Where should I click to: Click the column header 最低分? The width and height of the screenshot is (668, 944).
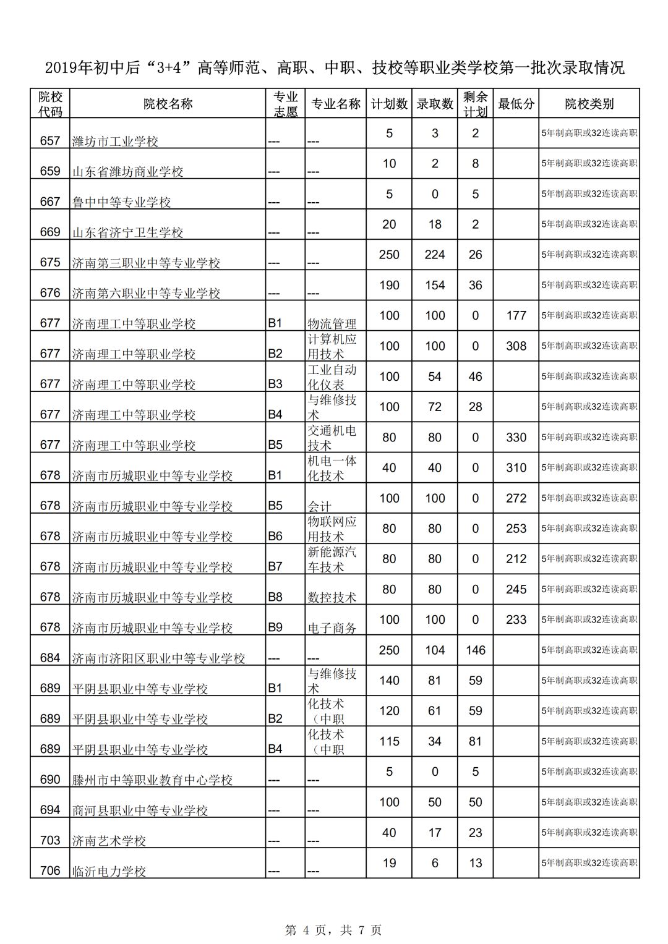coord(516,104)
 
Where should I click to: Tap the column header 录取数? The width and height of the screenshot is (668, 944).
coord(435,104)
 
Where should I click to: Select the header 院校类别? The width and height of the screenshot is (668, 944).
coord(589,104)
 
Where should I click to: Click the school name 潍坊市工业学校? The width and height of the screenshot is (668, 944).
coord(115,142)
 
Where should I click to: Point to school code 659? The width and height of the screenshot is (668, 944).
coord(50,171)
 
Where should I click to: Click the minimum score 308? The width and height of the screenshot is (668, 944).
coord(516,346)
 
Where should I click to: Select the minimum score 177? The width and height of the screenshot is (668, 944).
coord(516,316)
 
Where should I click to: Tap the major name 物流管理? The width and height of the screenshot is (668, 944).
coord(332,324)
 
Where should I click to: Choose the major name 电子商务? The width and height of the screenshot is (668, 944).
coord(332,628)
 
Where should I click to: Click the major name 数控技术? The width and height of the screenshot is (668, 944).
coord(332,598)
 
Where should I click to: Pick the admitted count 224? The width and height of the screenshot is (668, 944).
coord(435,255)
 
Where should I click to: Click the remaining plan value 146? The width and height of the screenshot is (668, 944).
coord(475,650)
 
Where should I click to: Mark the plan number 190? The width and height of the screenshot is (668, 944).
coord(389,286)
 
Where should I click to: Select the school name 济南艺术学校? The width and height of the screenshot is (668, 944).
coord(109,841)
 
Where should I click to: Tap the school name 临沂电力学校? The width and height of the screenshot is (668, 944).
coord(109,872)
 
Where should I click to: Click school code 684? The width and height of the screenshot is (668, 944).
coord(50,658)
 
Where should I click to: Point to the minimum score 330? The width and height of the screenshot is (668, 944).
coord(516,438)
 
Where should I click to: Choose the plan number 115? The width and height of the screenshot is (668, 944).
coord(389,741)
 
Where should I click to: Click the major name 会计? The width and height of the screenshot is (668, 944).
coord(319,506)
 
